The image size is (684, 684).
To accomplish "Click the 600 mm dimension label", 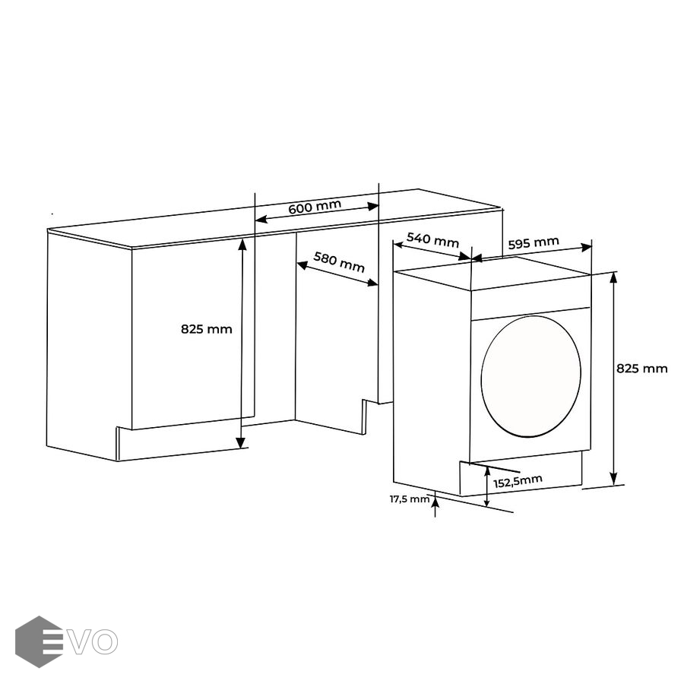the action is tap(315, 206).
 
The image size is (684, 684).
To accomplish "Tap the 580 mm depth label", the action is tap(339, 261).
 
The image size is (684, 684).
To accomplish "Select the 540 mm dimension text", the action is tap(432, 239).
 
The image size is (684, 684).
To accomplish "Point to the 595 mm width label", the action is tap(534, 242).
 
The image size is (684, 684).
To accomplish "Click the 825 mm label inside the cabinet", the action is tap(206, 329).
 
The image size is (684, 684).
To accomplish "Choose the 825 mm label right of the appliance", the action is tap(641, 369).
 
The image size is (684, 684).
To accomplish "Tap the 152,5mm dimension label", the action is tap(518, 481).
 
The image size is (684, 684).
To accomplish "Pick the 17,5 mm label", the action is tap(410, 499).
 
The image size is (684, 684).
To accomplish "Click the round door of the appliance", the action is tap(531, 376).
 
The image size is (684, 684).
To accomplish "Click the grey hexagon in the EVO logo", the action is tap(39, 641).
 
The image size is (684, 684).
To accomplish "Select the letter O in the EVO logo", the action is tap(105, 641).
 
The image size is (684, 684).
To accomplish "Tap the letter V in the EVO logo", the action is tap(80, 641).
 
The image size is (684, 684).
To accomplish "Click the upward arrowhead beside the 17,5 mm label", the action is tap(435, 502).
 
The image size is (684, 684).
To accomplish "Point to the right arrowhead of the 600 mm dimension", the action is tap(373, 206).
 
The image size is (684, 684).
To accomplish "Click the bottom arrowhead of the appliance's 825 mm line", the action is tap(614, 478).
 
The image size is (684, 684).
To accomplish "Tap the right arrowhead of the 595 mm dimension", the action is tap(586, 248).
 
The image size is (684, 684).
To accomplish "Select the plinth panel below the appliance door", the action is tap(521, 474).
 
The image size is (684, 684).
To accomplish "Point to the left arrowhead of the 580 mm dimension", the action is tap(302, 264).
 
